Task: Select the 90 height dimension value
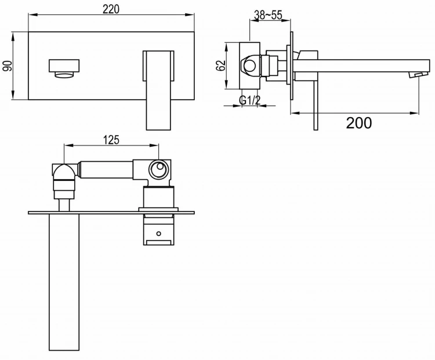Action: coord(8,66)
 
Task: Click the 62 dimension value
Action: coord(221,65)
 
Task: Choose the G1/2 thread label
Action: coord(249,101)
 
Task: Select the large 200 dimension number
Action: coord(359,122)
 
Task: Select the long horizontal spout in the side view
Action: coord(360,65)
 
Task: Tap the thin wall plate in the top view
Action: coord(110,212)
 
